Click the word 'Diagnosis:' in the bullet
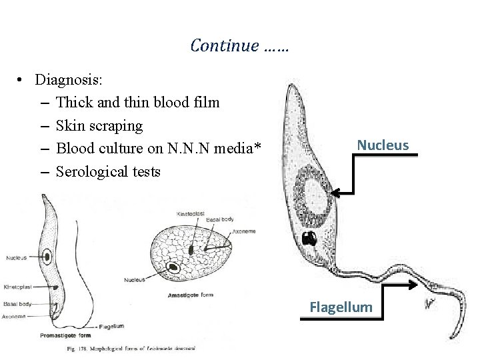click(69, 80)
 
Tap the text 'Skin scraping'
click(99, 125)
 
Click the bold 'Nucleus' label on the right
click(383, 145)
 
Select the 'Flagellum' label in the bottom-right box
click(341, 307)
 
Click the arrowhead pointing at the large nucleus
click(336, 193)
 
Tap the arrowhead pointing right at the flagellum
click(418, 283)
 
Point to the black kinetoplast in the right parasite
click(309, 238)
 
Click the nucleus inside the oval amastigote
click(173, 268)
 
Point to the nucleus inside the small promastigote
click(48, 255)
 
